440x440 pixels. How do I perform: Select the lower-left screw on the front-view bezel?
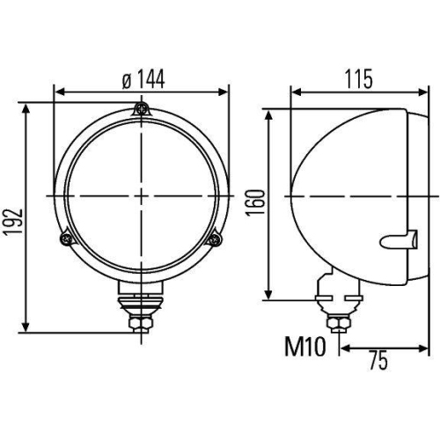coord(63,238)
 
